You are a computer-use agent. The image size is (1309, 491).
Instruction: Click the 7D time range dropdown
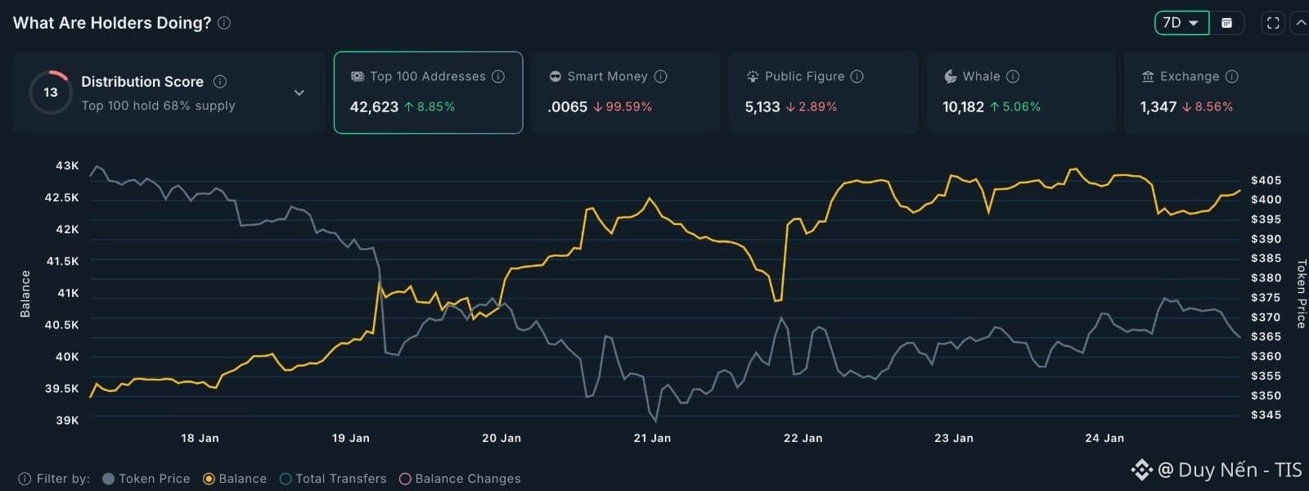point(1181,23)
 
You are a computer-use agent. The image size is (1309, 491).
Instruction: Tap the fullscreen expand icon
point(1273,23)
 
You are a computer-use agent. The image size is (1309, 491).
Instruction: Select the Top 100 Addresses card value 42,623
point(374,106)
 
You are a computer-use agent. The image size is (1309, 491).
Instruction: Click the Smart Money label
point(607,76)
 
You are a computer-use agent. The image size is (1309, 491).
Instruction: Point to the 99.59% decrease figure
point(623,106)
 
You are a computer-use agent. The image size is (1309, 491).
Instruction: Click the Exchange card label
point(1189,76)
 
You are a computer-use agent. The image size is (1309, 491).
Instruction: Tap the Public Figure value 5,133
point(762,106)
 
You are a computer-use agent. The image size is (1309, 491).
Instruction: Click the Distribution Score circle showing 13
point(51,92)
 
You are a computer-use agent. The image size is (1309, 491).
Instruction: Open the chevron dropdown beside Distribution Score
point(299,92)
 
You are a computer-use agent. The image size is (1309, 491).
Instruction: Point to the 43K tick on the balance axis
point(67,165)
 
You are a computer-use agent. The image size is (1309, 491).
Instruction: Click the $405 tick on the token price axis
point(1266,180)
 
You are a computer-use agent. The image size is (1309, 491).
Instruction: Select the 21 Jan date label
point(652,438)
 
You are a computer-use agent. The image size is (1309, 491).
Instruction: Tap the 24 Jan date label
point(1104,438)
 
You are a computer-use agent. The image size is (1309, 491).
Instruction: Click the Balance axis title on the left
point(25,294)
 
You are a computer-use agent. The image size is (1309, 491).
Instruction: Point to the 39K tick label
point(67,420)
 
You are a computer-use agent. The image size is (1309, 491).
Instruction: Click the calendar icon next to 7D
point(1226,23)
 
